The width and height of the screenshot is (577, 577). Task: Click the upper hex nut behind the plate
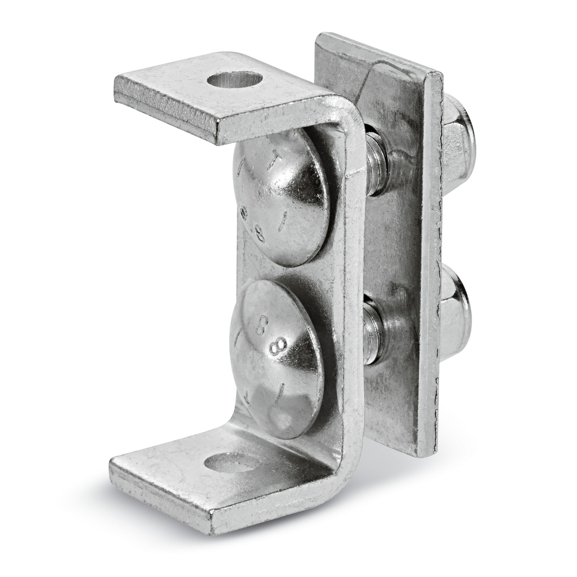[459, 138]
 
